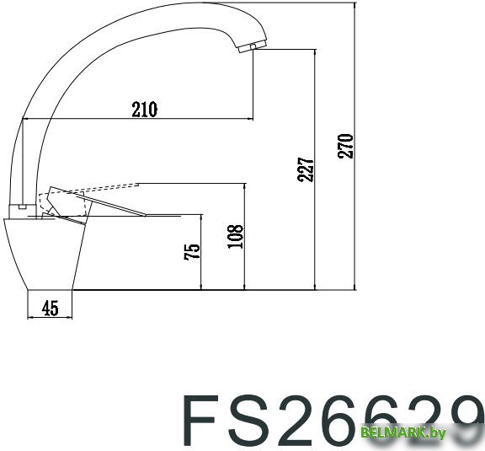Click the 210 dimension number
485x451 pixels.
[x=145, y=109]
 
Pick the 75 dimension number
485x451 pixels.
[x=192, y=250]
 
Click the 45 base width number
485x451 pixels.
[x=50, y=309]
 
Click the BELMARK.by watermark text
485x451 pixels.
[x=403, y=432]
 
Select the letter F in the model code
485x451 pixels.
[x=205, y=419]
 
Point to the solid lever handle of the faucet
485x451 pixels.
[x=126, y=212]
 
